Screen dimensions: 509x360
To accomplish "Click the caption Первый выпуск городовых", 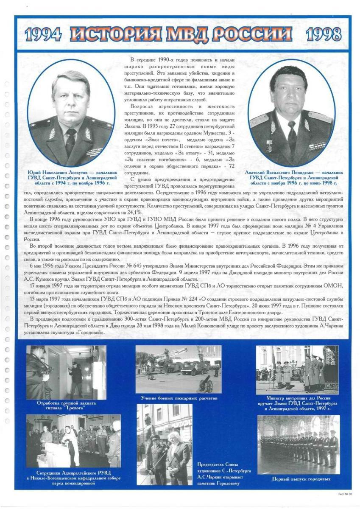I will pyautogui.click(x=299, y=479).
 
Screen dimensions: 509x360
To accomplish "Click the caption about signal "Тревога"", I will pyautogui.click(x=67, y=405).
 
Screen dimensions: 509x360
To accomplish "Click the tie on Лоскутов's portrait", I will pyautogui.click(x=70, y=142).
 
